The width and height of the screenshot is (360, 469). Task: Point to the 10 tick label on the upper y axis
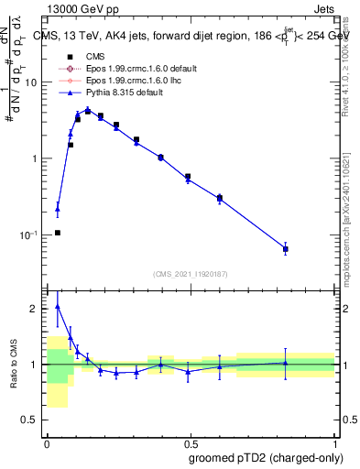[30, 82]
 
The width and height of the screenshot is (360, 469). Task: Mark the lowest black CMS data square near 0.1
[58, 233]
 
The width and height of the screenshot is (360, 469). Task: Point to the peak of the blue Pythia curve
[88, 109]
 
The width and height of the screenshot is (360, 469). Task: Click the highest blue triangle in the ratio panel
[58, 306]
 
